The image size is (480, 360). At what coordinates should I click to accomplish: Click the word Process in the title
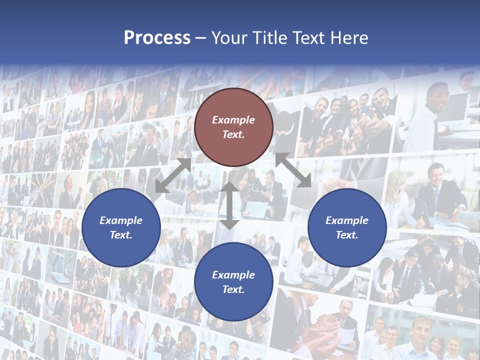[x=157, y=38]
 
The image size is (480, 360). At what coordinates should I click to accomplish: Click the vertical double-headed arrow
[x=229, y=205]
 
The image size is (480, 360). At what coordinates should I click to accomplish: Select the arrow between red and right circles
[x=293, y=170]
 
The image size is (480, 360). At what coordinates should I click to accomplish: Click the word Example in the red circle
[x=233, y=120]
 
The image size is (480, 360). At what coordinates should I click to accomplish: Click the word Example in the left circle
[x=121, y=220]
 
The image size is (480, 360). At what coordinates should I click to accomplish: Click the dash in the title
[x=200, y=38]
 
